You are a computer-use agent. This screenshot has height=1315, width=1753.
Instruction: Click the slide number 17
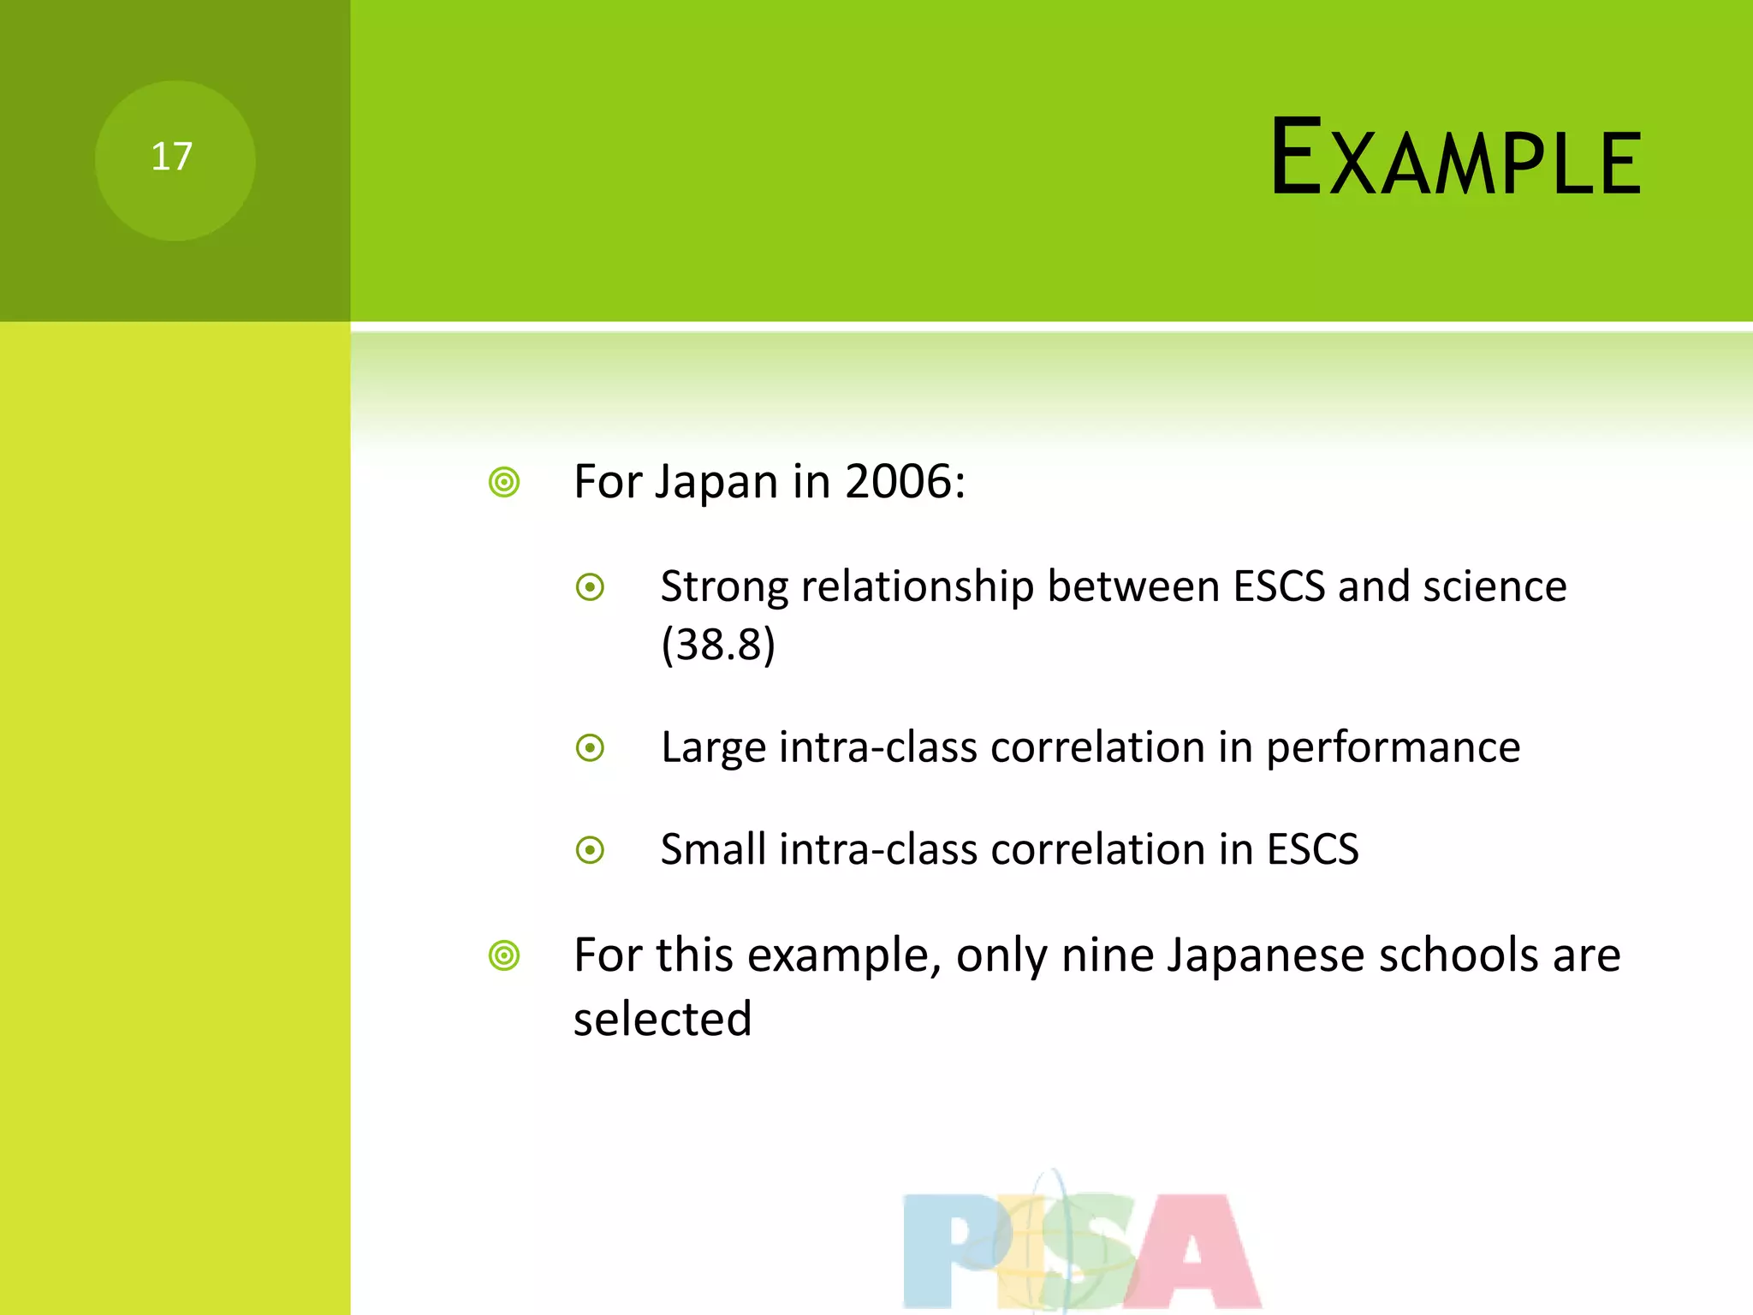pos(172,158)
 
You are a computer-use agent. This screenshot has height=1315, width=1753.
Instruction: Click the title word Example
pos(1455,159)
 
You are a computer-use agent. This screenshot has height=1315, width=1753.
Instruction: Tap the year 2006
pos(899,481)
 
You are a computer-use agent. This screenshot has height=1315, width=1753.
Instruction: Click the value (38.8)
pos(718,645)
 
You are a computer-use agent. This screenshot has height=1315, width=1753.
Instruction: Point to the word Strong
pos(724,587)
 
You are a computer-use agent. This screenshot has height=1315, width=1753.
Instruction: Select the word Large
pos(712,747)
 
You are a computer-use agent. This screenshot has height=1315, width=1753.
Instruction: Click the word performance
pos(1393,747)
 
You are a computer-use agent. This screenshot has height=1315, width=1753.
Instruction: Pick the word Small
pos(713,849)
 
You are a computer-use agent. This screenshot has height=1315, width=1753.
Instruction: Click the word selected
pos(663,1019)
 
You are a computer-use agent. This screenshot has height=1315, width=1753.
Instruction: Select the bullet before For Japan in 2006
pos(504,482)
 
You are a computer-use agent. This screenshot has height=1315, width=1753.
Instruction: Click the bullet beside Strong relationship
pos(590,587)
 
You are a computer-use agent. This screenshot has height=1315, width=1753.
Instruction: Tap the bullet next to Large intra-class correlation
pos(590,748)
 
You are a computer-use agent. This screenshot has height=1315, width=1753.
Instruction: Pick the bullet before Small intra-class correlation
pos(590,850)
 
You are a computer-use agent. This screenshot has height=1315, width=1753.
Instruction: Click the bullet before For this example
pos(504,955)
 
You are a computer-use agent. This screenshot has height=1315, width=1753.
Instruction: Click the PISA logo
pos(1081,1247)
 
